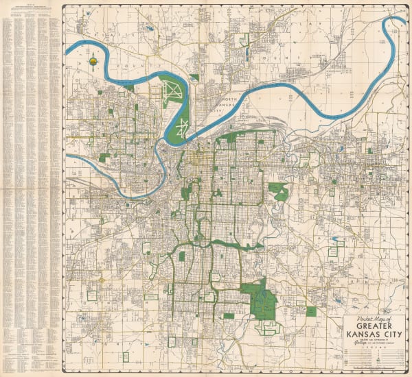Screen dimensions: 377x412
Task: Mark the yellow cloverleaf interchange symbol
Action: point(101,280)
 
